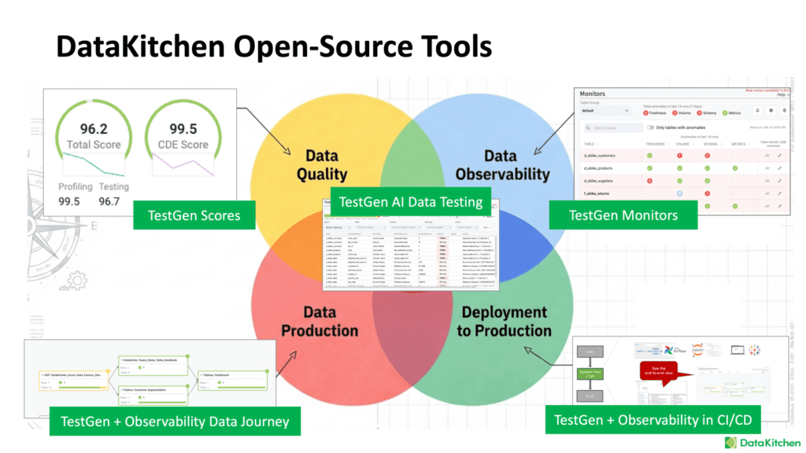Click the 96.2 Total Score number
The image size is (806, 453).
pos(94,129)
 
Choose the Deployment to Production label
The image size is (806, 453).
pos(504,321)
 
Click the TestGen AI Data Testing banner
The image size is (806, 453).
pos(410,201)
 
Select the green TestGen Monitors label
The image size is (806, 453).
pos(623,213)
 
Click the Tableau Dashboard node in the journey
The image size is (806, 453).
pos(229,375)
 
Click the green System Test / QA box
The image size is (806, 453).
pos(589,374)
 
